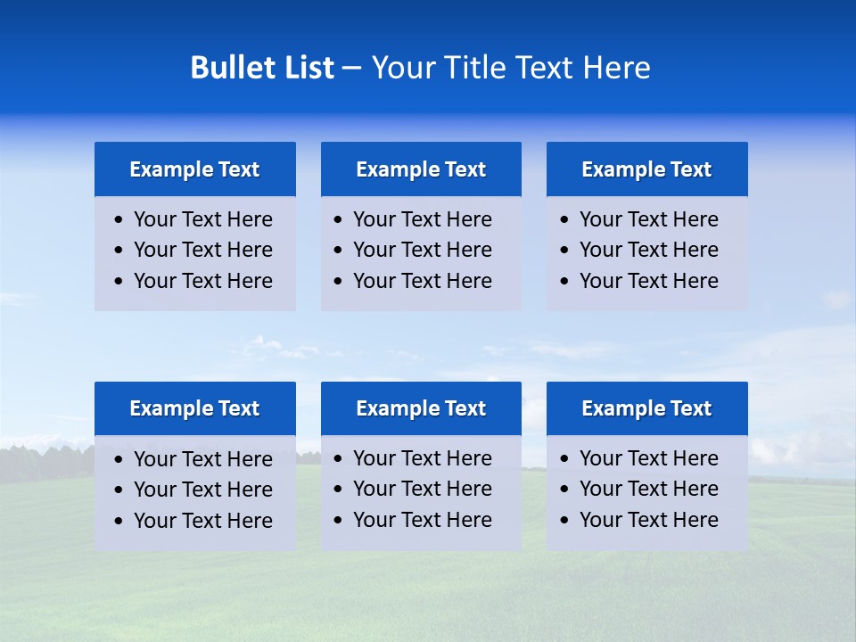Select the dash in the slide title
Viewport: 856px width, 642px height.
[351, 68]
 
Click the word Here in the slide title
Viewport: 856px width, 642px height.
[616, 68]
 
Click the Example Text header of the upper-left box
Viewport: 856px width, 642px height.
[194, 169]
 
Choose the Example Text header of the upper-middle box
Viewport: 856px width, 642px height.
[421, 169]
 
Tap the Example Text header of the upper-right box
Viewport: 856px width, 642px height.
[646, 169]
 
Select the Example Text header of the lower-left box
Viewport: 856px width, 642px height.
[194, 408]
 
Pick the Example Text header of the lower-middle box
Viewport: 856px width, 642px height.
[421, 408]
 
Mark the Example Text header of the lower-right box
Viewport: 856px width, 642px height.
[646, 408]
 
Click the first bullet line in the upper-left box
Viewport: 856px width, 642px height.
[202, 219]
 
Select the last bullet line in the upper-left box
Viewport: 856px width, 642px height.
[202, 281]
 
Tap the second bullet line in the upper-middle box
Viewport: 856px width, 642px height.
[422, 250]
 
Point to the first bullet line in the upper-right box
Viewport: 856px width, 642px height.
[648, 219]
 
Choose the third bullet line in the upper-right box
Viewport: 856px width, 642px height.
[648, 281]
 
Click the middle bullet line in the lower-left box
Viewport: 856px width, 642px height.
[202, 490]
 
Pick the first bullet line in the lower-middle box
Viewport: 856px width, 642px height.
[422, 458]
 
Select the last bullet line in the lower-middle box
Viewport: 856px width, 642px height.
[422, 520]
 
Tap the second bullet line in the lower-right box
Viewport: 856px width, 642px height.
[648, 489]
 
